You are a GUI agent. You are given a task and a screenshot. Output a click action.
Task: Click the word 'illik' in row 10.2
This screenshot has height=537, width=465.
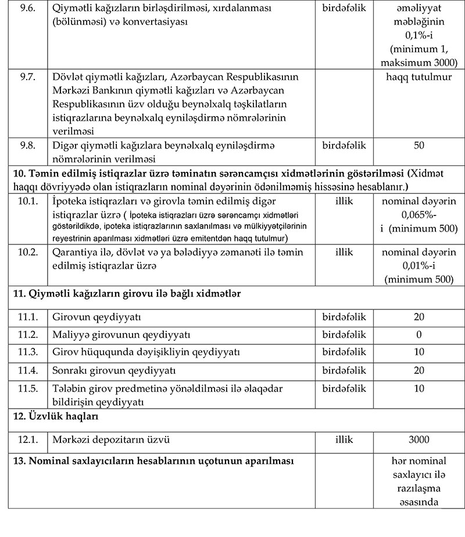[344, 253]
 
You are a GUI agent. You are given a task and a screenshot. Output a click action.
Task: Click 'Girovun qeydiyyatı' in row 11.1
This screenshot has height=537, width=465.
[97, 318]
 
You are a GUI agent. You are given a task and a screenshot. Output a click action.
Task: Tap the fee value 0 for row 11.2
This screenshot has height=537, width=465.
[419, 335]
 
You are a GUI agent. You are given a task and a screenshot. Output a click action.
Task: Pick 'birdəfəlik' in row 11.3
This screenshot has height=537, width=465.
[344, 352]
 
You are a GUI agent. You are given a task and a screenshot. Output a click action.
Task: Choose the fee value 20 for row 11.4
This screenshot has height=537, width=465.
[419, 370]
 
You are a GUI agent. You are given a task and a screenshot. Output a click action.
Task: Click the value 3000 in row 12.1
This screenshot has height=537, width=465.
[419, 440]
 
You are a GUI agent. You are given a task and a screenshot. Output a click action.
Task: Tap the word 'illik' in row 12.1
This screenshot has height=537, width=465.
[344, 440]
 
